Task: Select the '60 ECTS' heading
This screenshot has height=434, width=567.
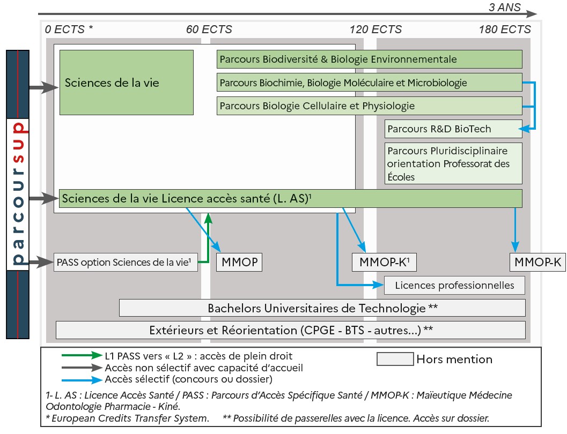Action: [x=209, y=29]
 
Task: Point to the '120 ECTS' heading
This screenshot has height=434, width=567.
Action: [x=375, y=29]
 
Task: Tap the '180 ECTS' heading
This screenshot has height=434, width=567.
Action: [x=504, y=29]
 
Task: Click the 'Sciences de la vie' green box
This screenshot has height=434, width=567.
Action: [x=126, y=83]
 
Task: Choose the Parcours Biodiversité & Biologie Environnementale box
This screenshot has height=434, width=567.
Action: [x=370, y=59]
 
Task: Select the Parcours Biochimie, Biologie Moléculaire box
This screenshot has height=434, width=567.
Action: [x=370, y=83]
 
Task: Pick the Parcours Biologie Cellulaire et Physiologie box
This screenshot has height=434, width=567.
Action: [x=370, y=106]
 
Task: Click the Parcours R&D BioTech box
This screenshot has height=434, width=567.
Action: [x=453, y=129]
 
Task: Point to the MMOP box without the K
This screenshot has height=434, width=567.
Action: [x=239, y=263]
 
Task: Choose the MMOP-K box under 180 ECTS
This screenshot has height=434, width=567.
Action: [x=537, y=263]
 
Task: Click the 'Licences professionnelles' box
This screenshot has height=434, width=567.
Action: [x=454, y=285]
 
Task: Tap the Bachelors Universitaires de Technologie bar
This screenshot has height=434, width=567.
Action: [x=322, y=308]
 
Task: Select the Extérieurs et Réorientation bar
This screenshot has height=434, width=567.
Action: [x=291, y=330]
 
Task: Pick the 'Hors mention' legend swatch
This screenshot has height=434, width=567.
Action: [x=395, y=359]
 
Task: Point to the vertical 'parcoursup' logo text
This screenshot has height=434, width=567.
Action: [x=18, y=194]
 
